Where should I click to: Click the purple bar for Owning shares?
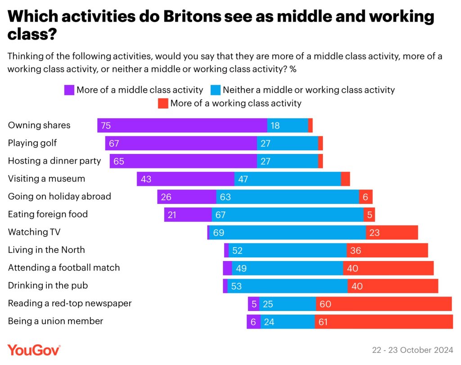182,126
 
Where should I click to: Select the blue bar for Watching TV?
287,233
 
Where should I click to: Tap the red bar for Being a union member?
384,321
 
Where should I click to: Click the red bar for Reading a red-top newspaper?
384,304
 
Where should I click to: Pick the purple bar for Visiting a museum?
185,179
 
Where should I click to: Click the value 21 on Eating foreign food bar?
172,215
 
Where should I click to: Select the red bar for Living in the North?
387,250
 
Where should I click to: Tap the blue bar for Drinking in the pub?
287,286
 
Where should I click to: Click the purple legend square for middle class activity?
69,90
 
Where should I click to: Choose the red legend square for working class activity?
163,104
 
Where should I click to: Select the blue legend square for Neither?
216,90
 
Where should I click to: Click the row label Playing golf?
32,143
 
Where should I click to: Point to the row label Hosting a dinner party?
54,161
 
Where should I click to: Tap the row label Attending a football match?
64,268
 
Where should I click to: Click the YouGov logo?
34,350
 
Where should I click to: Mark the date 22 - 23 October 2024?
412,350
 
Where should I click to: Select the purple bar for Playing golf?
181,143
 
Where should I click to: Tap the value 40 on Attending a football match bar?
353,268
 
